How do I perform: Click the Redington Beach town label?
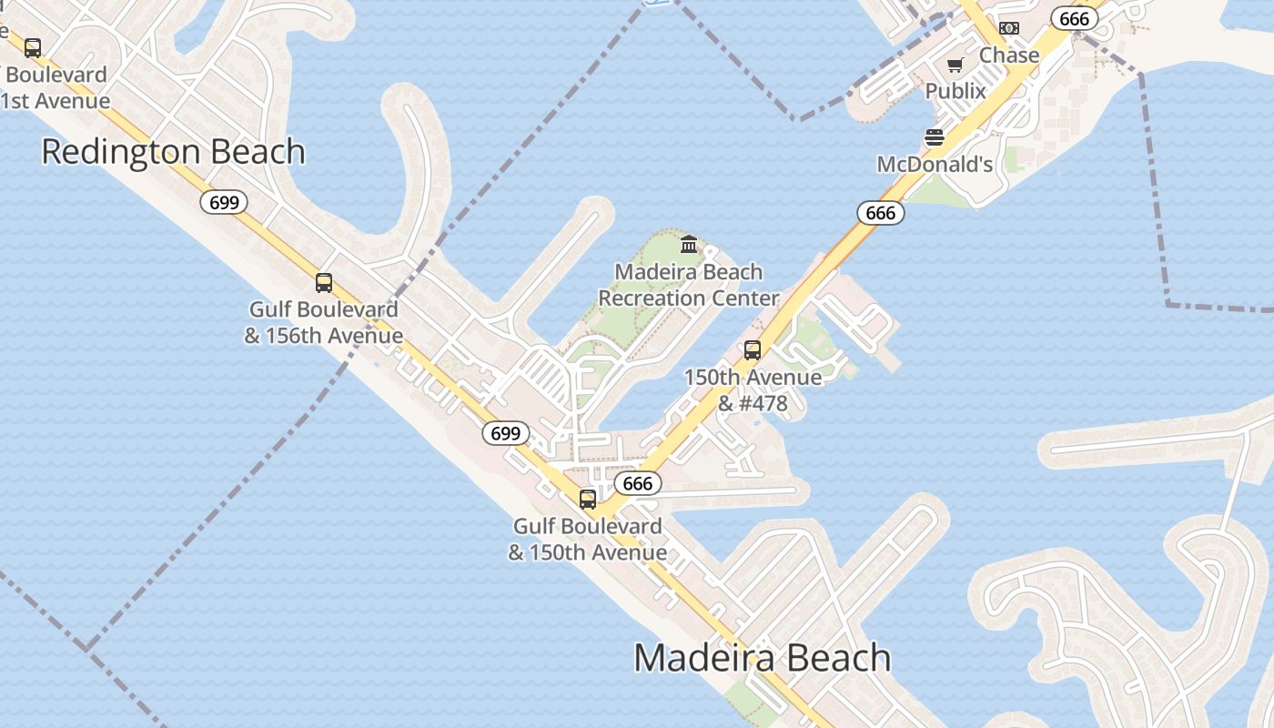173,152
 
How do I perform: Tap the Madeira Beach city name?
762,658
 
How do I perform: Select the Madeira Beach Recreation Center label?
689,285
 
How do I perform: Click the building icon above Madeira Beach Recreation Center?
689,244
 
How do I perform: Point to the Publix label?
955,91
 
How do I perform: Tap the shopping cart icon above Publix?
955,65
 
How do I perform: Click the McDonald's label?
935,165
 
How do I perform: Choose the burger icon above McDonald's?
935,137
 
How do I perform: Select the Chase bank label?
1008,56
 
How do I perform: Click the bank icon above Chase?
1008,28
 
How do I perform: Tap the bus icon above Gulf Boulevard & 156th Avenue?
323,282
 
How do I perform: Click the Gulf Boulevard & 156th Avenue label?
323,322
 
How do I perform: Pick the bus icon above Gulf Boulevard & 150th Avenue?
588,499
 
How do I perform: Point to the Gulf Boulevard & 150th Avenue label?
588,540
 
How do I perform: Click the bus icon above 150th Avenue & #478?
753,350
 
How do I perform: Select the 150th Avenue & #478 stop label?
753,389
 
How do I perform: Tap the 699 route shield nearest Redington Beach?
224,202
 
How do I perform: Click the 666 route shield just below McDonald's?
881,213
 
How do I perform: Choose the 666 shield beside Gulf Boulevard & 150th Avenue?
637,483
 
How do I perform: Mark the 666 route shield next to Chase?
1074,18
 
